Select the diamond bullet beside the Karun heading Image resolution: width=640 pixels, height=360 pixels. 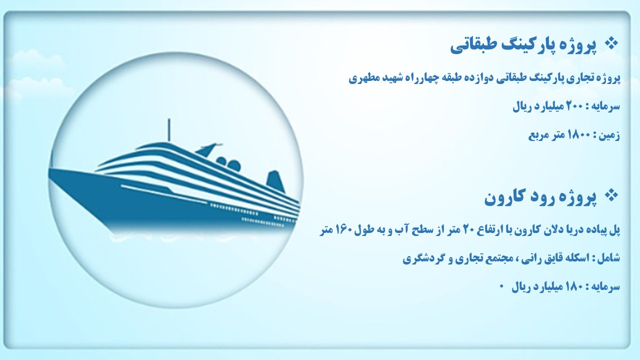coord(611,196)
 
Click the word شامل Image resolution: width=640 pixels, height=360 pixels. coord(609,258)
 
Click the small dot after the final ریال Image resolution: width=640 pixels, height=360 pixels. coord(501,285)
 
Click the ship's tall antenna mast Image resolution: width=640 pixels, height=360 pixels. coord(169,130)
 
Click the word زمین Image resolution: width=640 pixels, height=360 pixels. coord(609,135)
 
